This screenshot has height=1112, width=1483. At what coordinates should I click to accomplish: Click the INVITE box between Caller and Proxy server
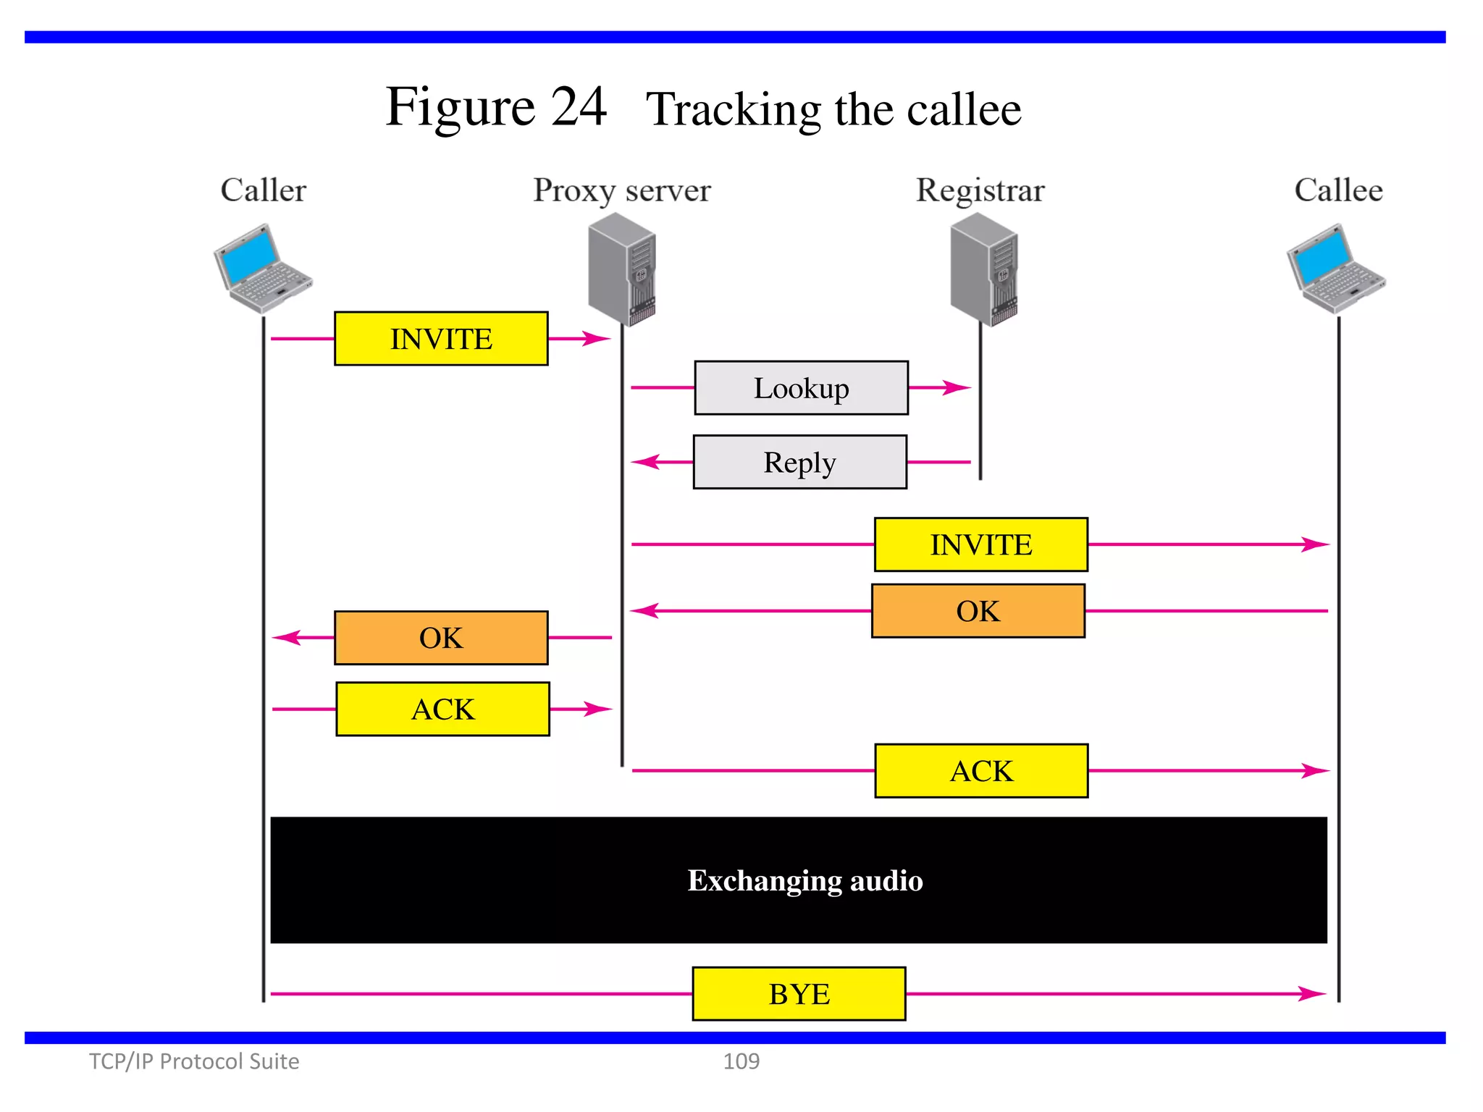click(x=441, y=339)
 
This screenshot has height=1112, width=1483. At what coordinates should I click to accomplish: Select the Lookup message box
click(x=801, y=388)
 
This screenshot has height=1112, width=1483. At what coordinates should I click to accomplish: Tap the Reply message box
click(x=799, y=462)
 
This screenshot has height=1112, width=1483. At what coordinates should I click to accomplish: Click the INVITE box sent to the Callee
click(x=980, y=544)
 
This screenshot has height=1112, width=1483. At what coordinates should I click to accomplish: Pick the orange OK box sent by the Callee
click(x=978, y=611)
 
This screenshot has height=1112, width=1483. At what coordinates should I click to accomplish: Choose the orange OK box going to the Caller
click(x=441, y=638)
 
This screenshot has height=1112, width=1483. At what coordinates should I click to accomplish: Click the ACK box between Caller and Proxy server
click(x=442, y=709)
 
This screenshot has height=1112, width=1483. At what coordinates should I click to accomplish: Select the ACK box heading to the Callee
click(x=981, y=771)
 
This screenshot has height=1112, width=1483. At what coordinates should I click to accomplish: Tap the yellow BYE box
click(x=799, y=994)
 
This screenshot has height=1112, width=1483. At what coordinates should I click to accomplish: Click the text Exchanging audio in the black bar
click(x=804, y=880)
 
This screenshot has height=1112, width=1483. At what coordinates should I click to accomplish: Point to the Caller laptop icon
click(x=262, y=269)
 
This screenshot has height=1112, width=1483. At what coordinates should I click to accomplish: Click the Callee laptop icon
click(x=1336, y=269)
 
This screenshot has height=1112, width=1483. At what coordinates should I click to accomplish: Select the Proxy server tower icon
click(x=622, y=270)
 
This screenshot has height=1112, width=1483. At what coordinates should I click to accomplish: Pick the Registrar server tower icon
click(x=983, y=270)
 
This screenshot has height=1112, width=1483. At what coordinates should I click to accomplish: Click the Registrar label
click(x=980, y=190)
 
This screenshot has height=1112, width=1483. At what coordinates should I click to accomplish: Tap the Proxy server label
click(x=621, y=190)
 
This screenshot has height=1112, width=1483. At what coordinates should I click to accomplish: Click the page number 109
click(x=741, y=1061)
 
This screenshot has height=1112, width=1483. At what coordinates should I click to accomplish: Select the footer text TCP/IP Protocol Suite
click(x=193, y=1061)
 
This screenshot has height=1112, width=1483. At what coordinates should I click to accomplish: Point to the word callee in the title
click(x=963, y=110)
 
